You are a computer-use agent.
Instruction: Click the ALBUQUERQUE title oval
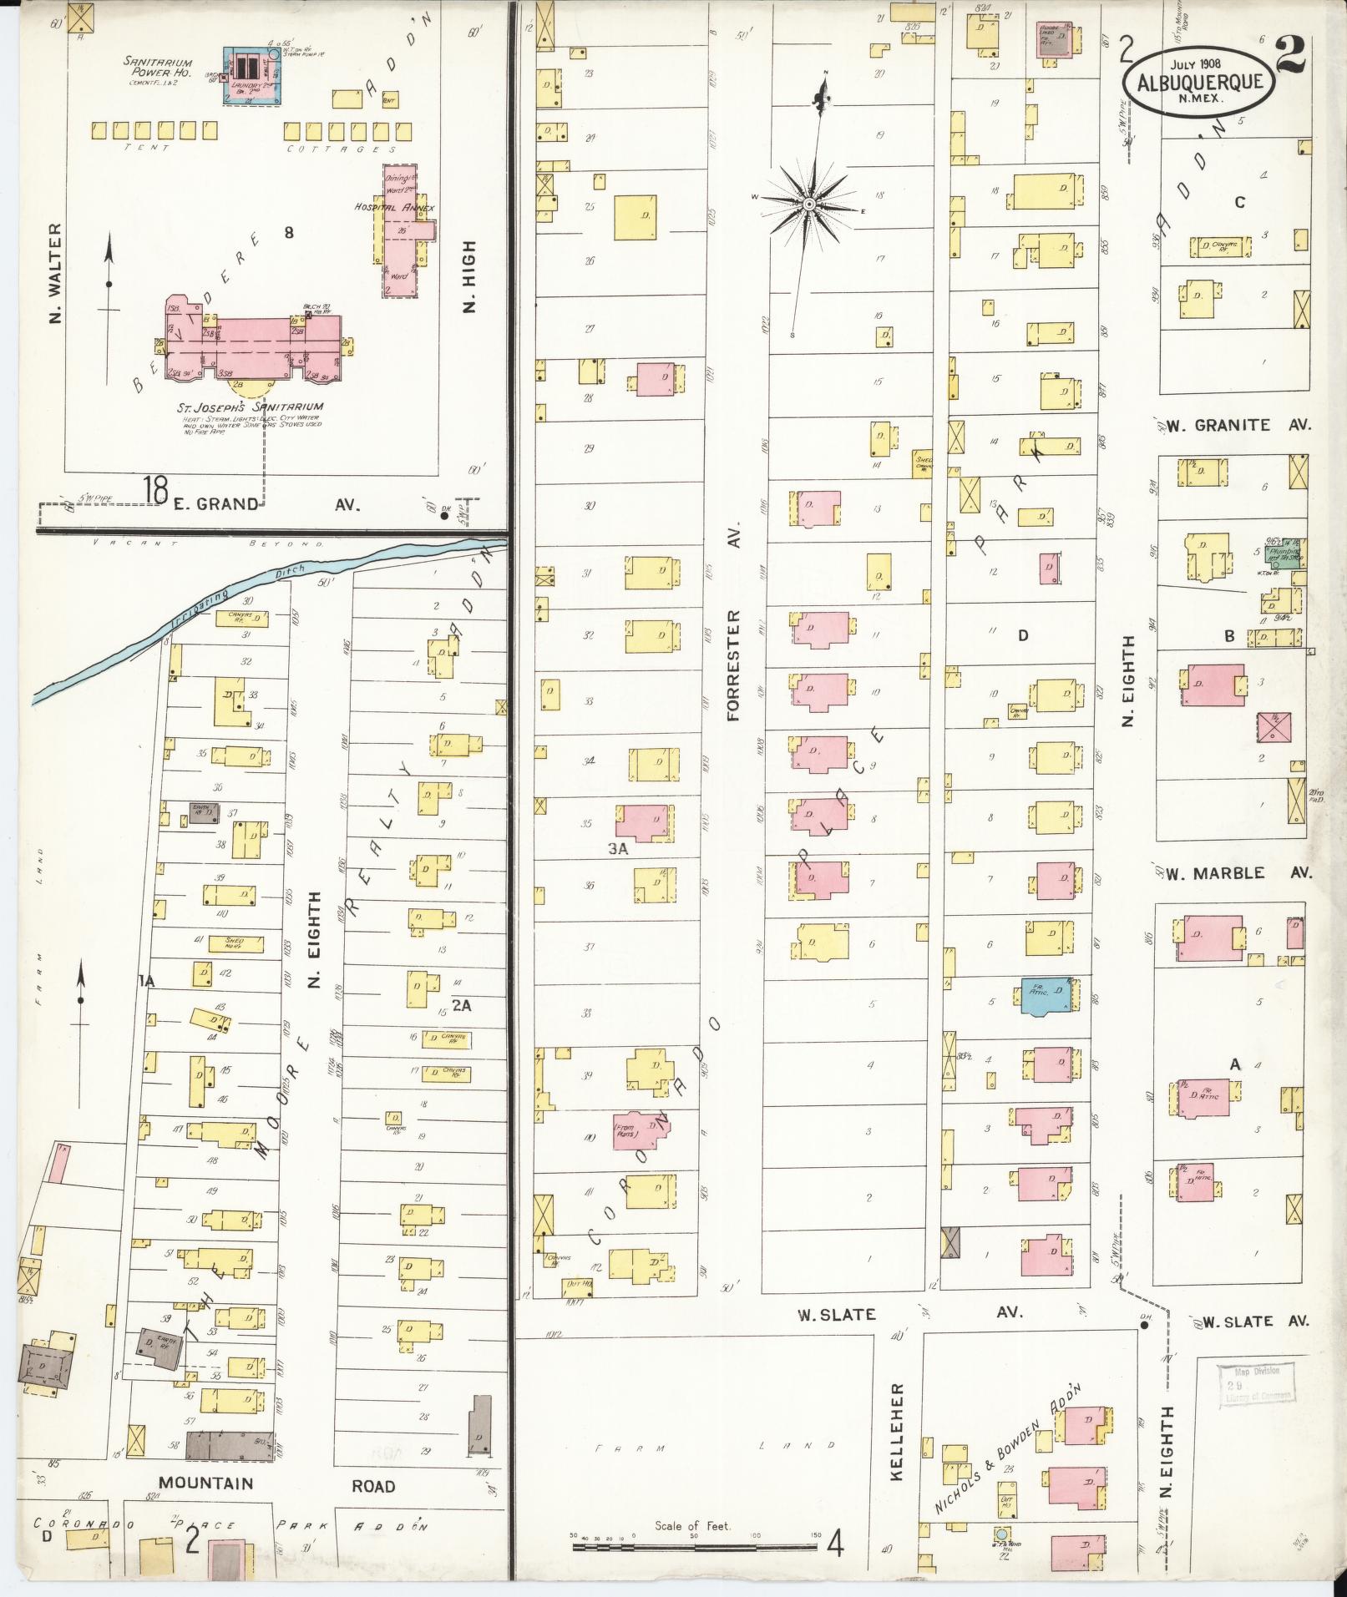pyautogui.click(x=1198, y=82)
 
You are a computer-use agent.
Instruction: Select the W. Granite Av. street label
pyautogui.click(x=1239, y=425)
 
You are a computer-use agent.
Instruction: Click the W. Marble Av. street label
pyautogui.click(x=1239, y=873)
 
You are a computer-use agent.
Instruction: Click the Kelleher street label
pyautogui.click(x=898, y=1432)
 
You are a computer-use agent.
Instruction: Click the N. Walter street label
pyautogui.click(x=56, y=273)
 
